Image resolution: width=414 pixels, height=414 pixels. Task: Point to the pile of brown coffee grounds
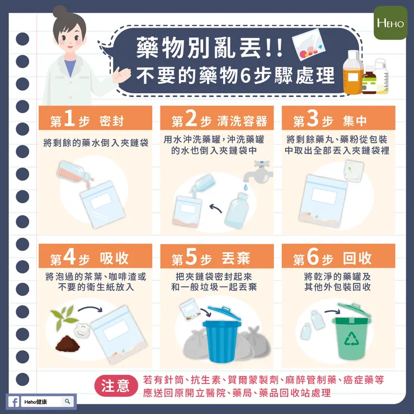point(69,341)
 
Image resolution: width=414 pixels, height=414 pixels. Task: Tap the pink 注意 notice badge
point(115,386)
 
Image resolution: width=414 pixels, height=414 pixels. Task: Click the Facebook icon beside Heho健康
point(14,401)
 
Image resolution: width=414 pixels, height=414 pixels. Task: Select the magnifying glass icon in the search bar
point(68,401)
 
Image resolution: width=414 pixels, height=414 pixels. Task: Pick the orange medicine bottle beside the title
point(352,73)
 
